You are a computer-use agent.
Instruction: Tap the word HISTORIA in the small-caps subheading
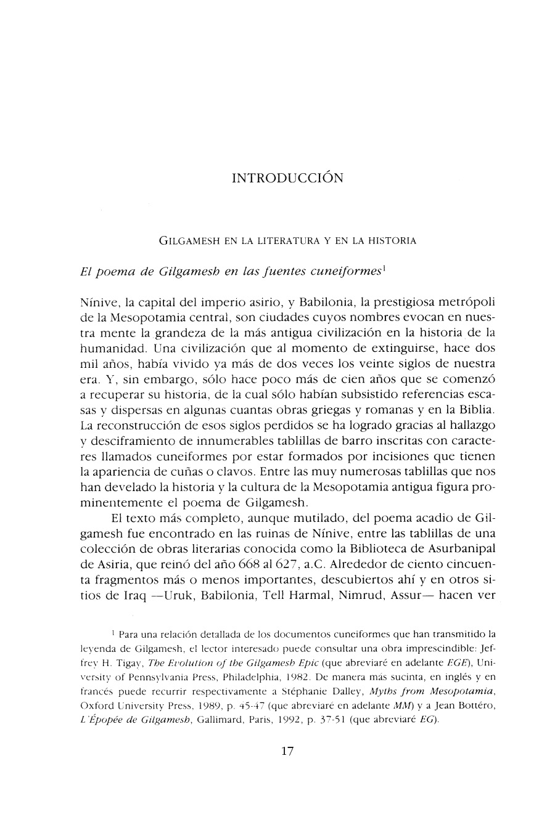pos(393,241)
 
